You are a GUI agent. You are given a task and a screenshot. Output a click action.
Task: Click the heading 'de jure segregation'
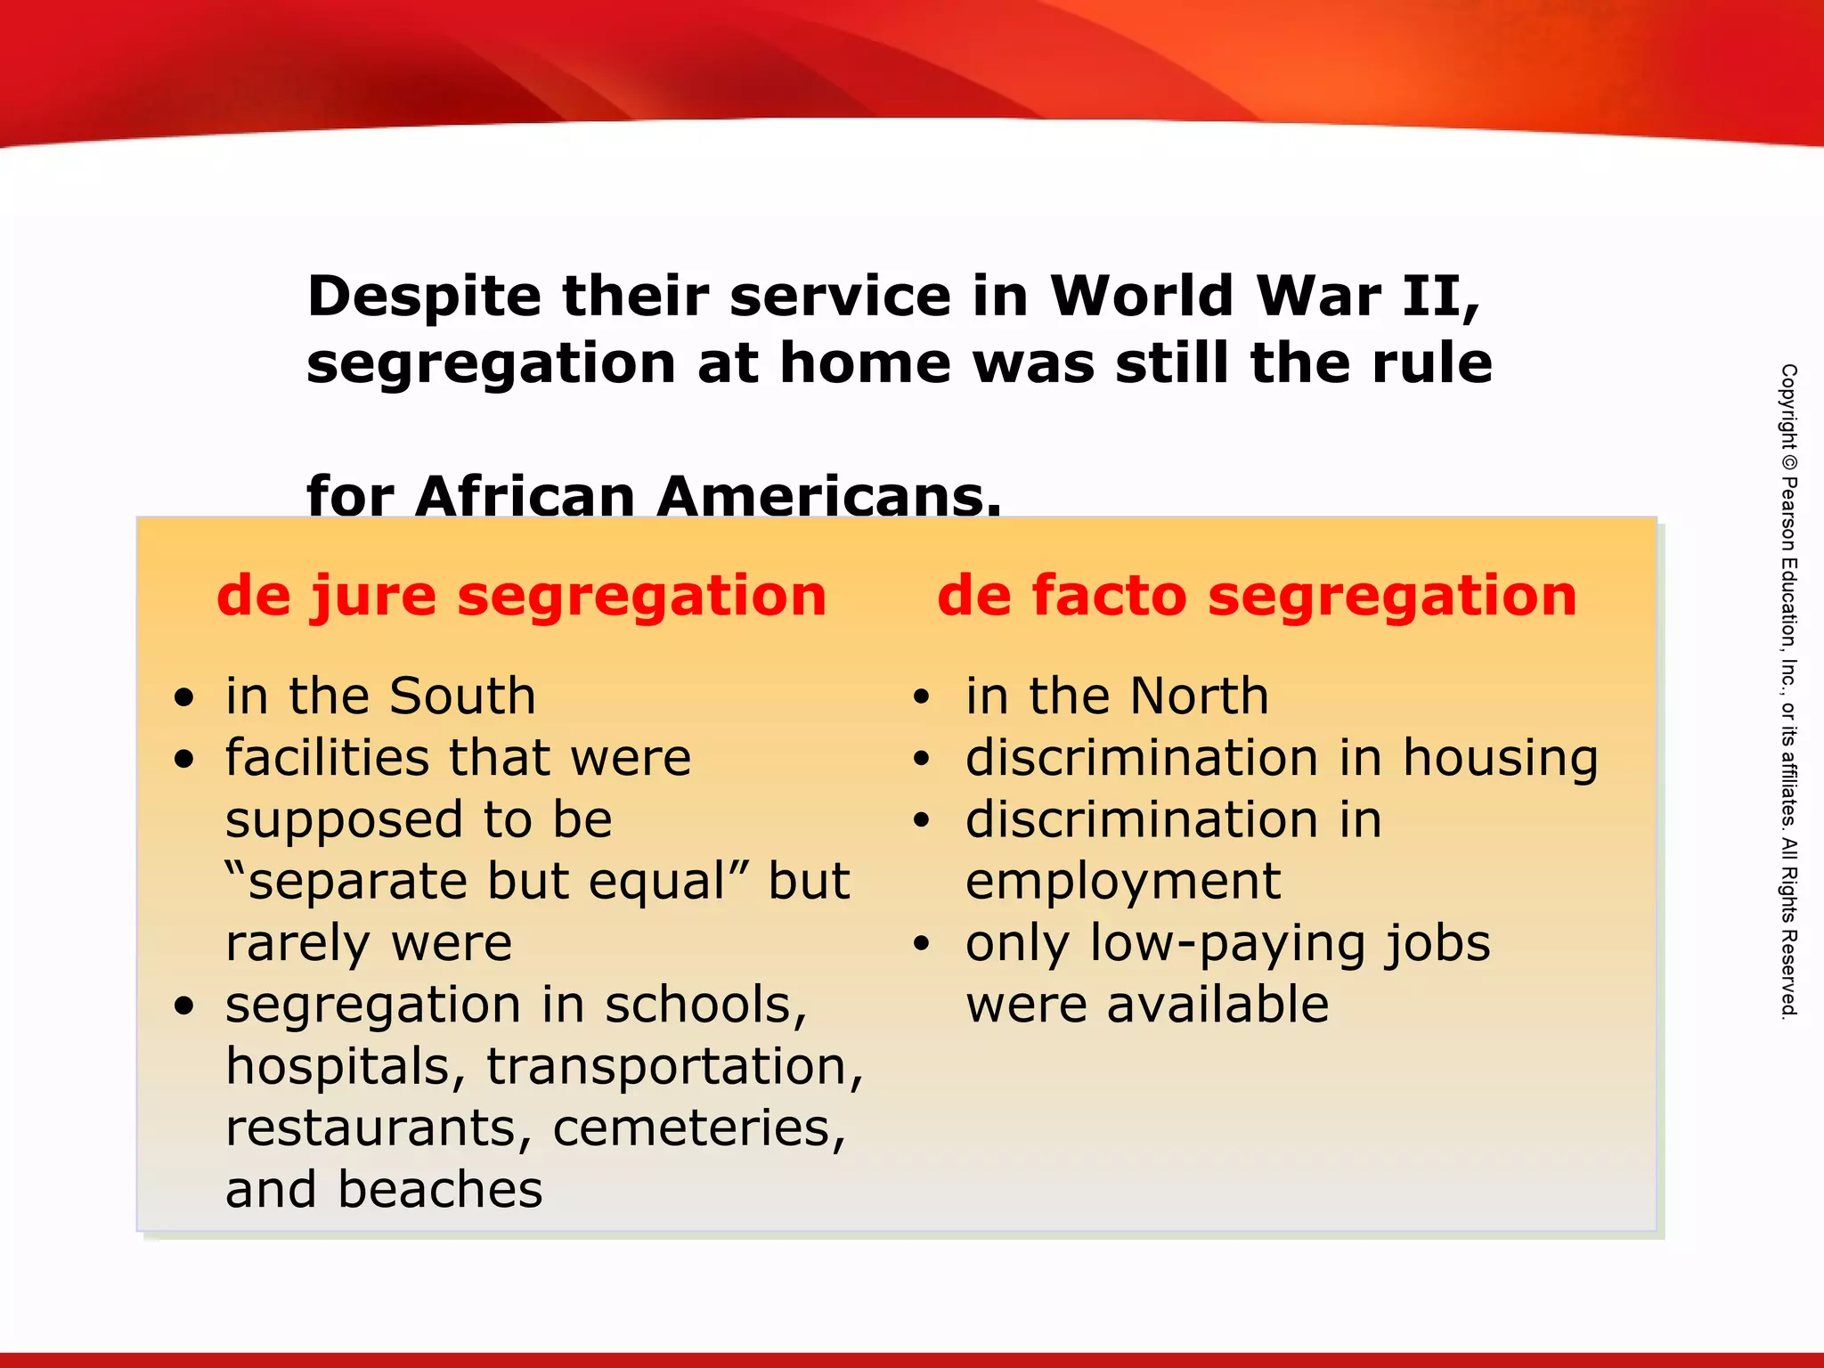coord(521,595)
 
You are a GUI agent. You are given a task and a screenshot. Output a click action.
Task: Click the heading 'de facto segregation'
coord(1257,595)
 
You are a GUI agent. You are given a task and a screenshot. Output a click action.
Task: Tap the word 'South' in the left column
coord(462,696)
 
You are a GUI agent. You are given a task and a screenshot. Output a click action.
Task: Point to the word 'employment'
coord(1123,882)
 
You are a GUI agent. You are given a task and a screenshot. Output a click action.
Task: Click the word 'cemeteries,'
coord(699,1128)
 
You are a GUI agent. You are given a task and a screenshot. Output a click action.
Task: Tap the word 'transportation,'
coord(674,1067)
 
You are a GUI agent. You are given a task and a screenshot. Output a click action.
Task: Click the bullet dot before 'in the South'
coord(184,698)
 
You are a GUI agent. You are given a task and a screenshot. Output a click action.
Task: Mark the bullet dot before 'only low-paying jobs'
coord(922,944)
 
